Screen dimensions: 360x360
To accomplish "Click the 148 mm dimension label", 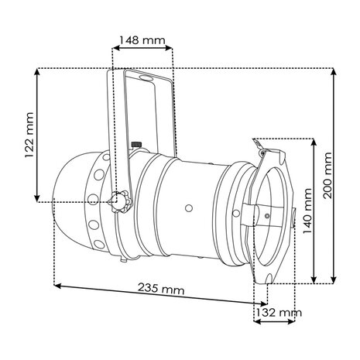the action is click(142, 40).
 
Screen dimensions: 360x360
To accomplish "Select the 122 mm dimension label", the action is click(29, 135).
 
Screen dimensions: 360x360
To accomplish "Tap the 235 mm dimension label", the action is click(161, 289).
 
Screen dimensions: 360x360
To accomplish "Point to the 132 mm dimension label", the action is click(279, 313).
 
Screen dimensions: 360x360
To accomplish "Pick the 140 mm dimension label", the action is click(307, 211).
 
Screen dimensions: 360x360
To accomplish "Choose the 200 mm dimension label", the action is click(327, 175).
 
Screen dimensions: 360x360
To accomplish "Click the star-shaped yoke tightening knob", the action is click(119, 201).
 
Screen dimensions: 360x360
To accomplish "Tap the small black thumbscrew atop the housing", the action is click(135, 145).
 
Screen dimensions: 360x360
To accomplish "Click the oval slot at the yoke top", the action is click(146, 77).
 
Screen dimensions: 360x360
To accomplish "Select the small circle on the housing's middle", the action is click(189, 208).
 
